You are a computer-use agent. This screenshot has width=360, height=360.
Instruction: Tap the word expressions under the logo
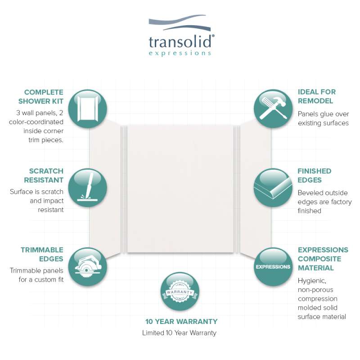tap(180, 53)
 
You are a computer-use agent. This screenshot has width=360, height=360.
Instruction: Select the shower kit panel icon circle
tap(87, 108)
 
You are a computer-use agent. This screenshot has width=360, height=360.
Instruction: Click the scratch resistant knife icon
tap(87, 188)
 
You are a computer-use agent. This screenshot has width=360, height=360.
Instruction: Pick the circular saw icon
tap(87, 266)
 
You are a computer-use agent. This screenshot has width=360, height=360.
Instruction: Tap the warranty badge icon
tap(180, 291)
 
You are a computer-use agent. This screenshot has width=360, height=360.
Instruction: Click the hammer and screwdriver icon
tap(273, 108)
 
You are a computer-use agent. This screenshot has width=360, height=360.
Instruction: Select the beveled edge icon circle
tap(273, 188)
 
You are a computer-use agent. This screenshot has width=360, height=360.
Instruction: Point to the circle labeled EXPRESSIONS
tap(273, 266)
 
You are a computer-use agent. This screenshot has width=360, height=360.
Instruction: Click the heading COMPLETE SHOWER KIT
tap(41, 97)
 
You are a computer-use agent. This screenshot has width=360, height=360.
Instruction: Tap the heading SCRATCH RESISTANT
tap(44, 175)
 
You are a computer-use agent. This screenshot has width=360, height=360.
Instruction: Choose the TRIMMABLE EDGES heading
tap(42, 254)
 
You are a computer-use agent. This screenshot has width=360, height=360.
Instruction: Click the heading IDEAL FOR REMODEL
tap(317, 96)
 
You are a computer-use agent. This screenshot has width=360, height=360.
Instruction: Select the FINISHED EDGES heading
tap(314, 175)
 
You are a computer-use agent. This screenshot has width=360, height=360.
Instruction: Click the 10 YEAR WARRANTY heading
tap(181, 321)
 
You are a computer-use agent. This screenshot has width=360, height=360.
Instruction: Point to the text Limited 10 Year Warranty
tap(179, 333)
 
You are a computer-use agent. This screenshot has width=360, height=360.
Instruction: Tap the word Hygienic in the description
tap(312, 281)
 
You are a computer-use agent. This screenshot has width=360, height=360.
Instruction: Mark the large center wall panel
tap(180, 189)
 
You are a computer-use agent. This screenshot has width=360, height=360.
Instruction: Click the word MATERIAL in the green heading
tap(316, 268)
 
